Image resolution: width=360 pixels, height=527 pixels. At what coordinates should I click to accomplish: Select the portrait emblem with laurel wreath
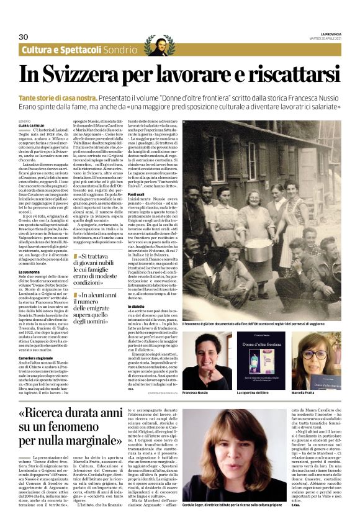click(159, 47)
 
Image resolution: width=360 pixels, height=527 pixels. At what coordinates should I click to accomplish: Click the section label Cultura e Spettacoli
click(60, 50)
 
